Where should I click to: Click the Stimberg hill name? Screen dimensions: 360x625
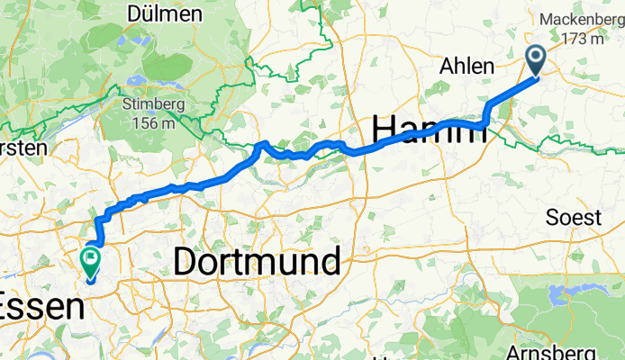pos(149,104)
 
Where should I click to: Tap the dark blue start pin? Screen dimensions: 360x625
pos(536,60)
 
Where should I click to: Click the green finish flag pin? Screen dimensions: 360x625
pos(91,262)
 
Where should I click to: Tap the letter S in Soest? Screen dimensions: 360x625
pos(552,218)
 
